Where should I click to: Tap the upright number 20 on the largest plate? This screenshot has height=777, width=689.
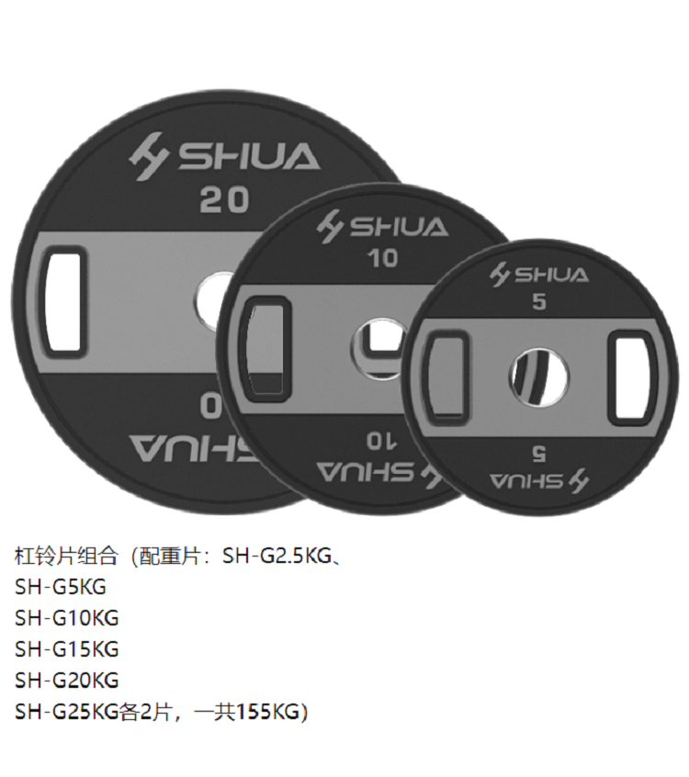pos(224,199)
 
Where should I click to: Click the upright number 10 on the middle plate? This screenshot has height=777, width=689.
pos(382,258)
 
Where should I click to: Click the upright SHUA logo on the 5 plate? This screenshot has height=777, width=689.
pos(539,274)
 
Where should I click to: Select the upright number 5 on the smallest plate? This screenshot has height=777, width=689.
pos(539,301)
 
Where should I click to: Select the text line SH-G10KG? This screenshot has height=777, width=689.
pos(66,617)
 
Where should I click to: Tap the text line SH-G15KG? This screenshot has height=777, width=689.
pos(66,648)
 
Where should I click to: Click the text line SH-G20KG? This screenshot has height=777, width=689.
pos(66,681)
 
